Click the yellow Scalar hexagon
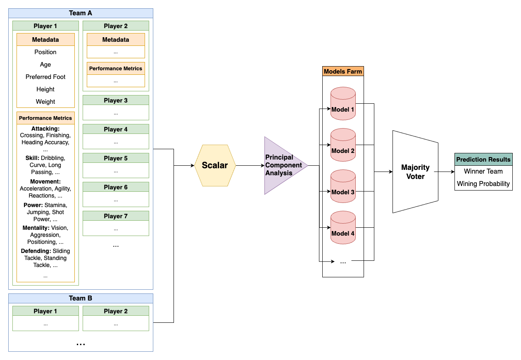tap(215, 165)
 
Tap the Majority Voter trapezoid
tap(415, 172)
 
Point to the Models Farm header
tap(343, 71)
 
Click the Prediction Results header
tap(483, 159)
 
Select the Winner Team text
tap(483, 171)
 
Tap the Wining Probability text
tap(483, 184)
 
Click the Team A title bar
tap(81, 13)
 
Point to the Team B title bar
tap(81, 298)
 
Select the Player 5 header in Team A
tap(116, 158)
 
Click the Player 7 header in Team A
tap(116, 216)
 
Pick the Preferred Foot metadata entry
tap(45, 77)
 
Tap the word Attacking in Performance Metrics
tap(45, 129)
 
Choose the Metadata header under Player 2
tap(116, 40)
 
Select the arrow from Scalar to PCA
tap(250, 165)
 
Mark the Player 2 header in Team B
tap(116, 311)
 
